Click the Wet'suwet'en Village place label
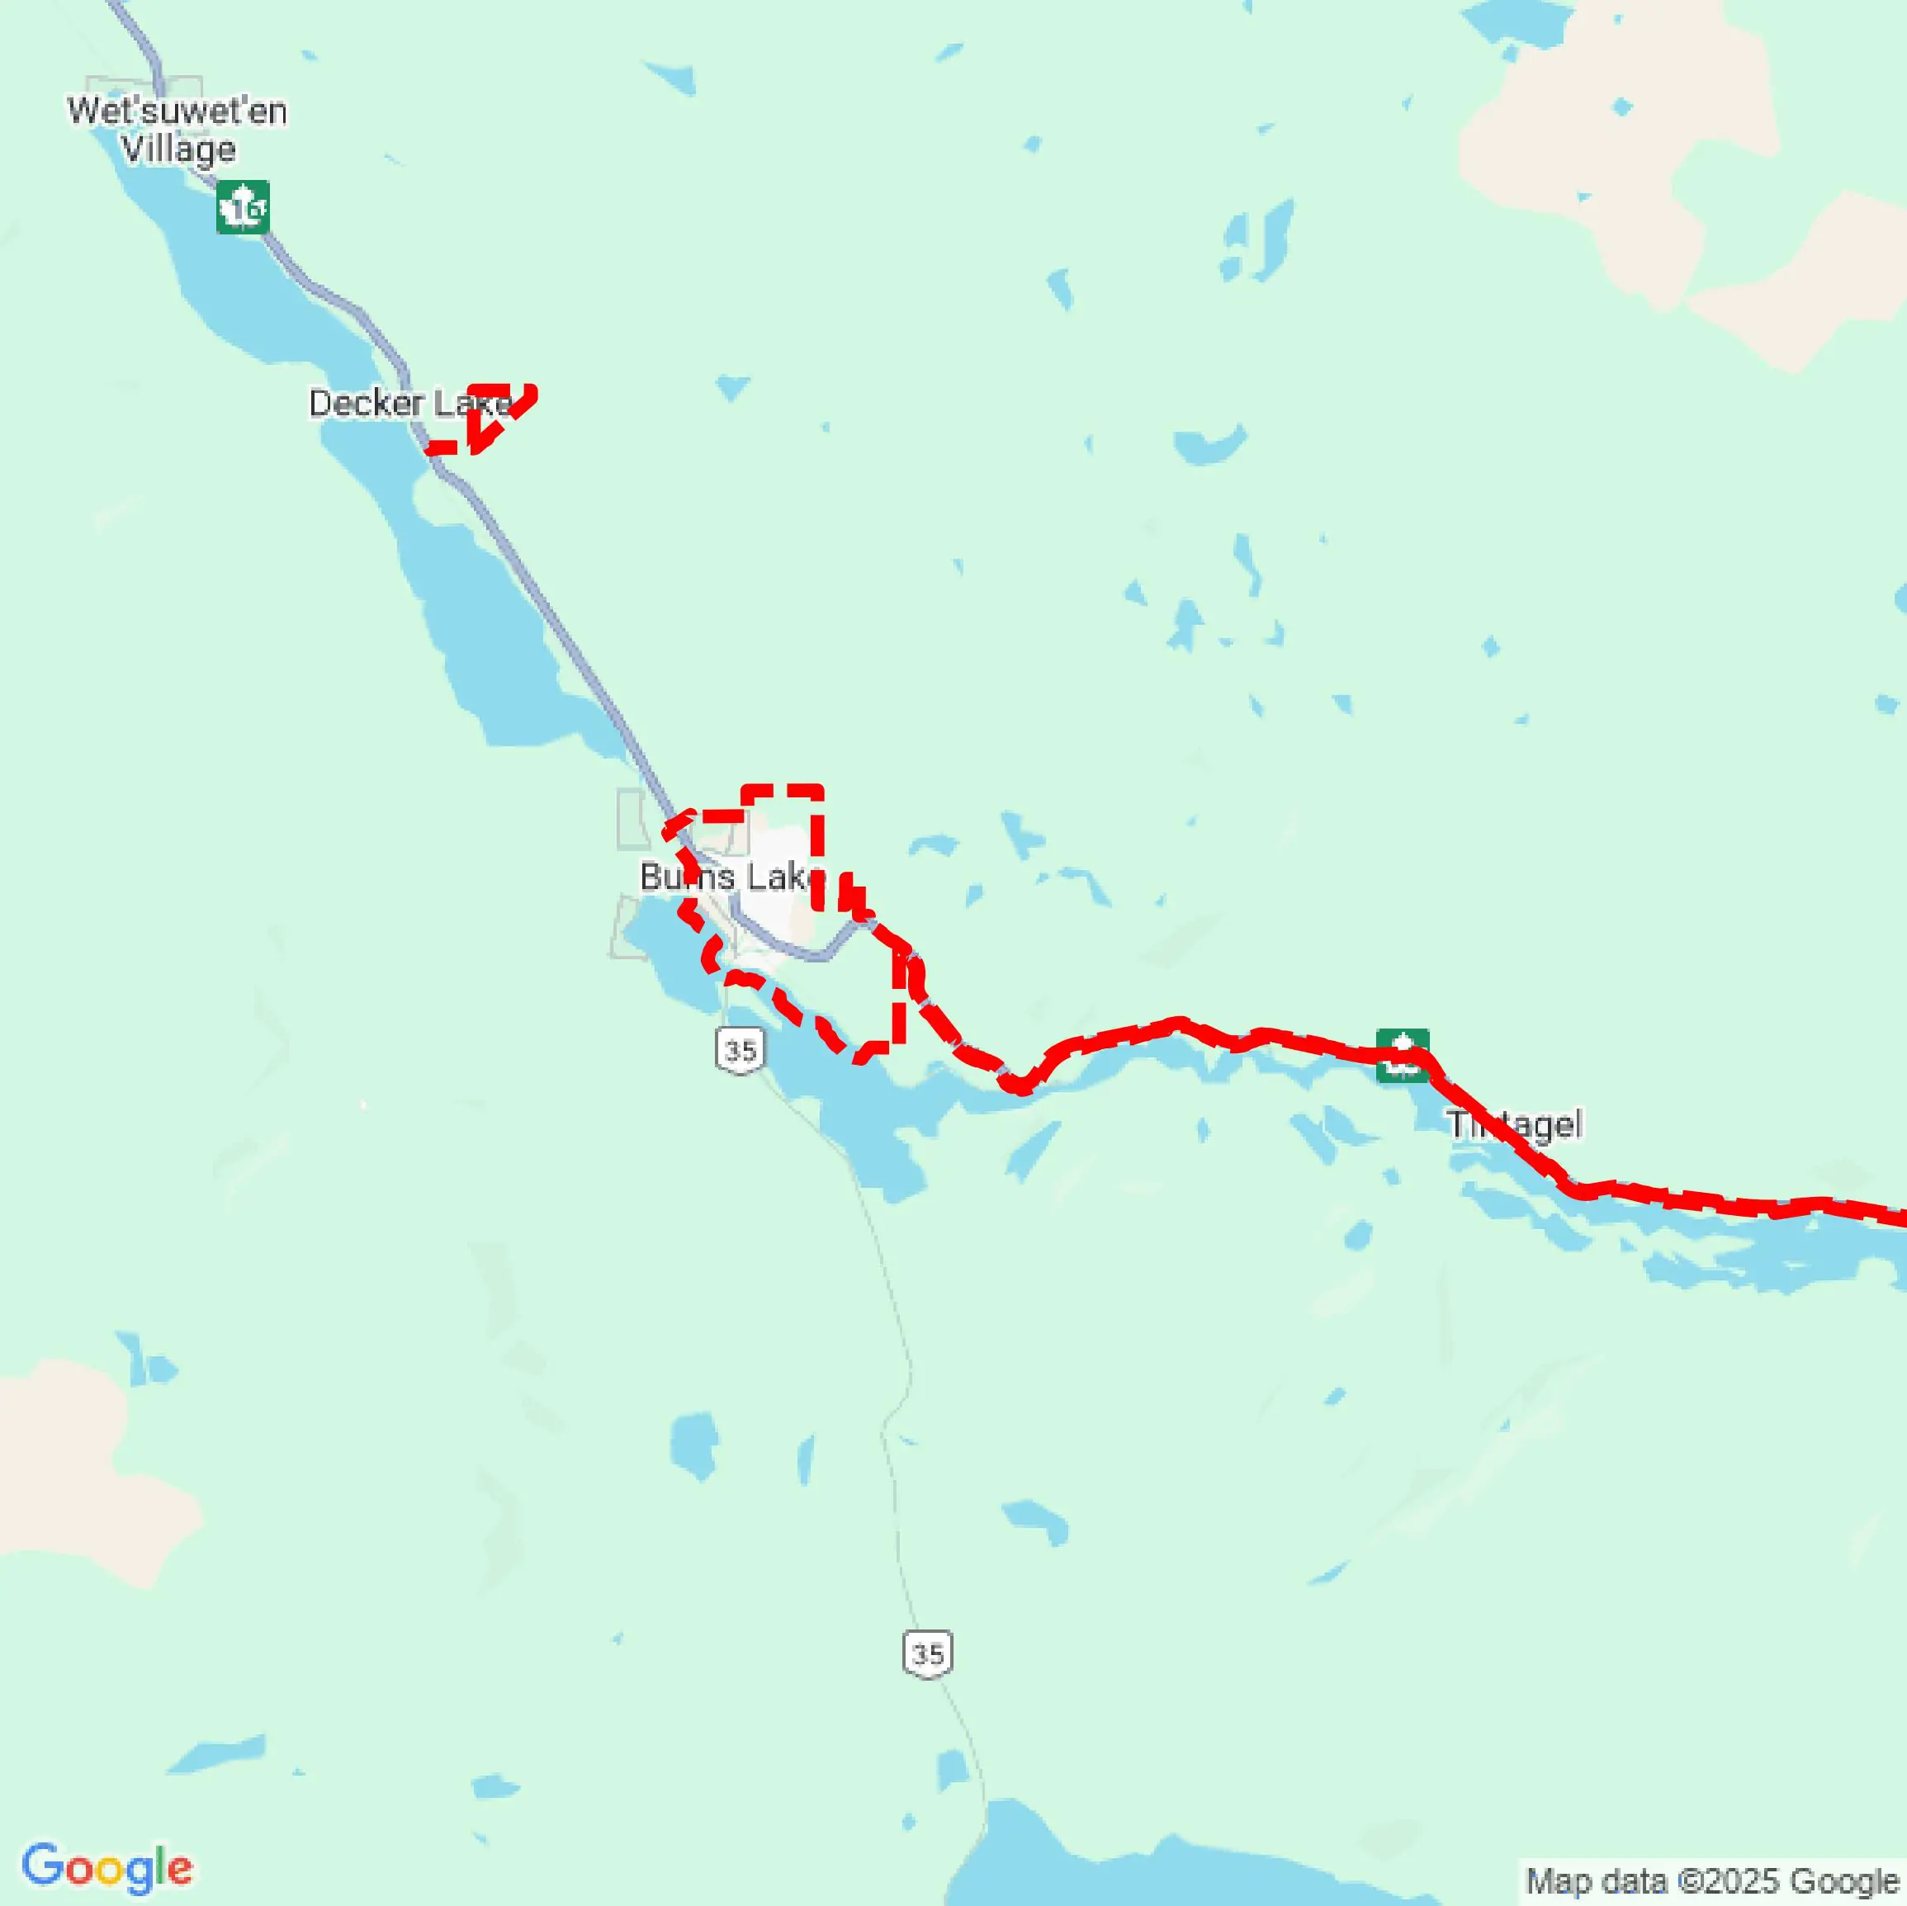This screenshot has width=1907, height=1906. point(177,128)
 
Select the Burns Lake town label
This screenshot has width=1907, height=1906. point(731,877)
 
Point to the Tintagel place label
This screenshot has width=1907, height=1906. point(1515,1124)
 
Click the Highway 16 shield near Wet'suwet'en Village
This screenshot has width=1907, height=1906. point(243,207)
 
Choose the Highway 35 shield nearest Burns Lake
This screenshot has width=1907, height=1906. point(741,1050)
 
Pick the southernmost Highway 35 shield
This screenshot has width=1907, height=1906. point(928,1653)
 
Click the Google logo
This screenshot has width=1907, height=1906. point(106,1867)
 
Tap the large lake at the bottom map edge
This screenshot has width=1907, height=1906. point(1135,1866)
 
